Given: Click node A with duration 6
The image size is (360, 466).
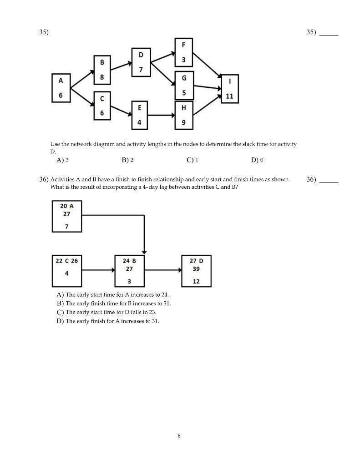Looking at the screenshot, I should pyautogui.click(x=61, y=88).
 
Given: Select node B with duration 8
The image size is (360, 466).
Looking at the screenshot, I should pyautogui.click(x=102, y=70).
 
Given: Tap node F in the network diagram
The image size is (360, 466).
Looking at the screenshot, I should pyautogui.click(x=183, y=53).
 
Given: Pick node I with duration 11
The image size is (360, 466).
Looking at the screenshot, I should pyautogui.click(x=229, y=89).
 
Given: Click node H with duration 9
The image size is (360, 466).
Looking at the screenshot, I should pyautogui.click(x=184, y=115).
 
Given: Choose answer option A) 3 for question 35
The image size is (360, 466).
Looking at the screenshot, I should pyautogui.click(x=63, y=160).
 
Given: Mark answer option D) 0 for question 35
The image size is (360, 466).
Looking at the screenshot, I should pyautogui.click(x=257, y=160).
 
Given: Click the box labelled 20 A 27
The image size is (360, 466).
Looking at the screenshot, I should pyautogui.click(x=67, y=217).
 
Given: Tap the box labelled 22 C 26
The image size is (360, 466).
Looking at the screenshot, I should pyautogui.click(x=67, y=270).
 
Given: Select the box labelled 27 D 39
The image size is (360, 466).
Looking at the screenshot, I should pyautogui.click(x=196, y=270).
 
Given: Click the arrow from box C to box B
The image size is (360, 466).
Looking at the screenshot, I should pyautogui.click(x=98, y=270).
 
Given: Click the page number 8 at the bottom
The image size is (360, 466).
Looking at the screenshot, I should pyautogui.click(x=179, y=436).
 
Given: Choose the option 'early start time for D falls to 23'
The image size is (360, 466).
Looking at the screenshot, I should pyautogui.click(x=113, y=312).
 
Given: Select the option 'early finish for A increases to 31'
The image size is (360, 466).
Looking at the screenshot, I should pyautogui.click(x=112, y=321).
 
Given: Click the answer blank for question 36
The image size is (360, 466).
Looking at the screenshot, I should pyautogui.click(x=329, y=180).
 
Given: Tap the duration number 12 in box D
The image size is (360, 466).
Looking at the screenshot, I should pyautogui.click(x=196, y=281).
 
